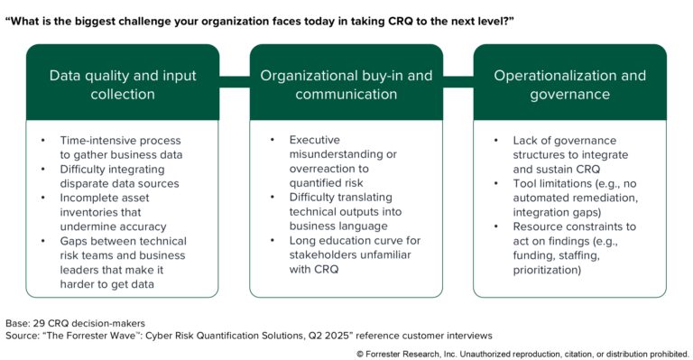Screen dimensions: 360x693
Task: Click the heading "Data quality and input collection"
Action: click(123, 84)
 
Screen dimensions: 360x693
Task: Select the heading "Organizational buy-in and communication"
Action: click(346, 84)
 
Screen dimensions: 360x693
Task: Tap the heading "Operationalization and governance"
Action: click(569, 84)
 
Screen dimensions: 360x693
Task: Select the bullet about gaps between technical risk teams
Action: click(123, 262)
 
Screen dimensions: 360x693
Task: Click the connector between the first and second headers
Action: click(235, 84)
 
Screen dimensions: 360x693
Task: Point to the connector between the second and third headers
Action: click(457, 84)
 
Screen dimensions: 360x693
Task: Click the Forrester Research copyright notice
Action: click(523, 353)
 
